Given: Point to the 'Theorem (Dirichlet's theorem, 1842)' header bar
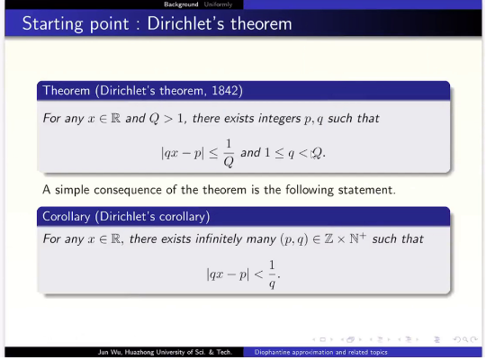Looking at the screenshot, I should pyautogui.click(x=243, y=91).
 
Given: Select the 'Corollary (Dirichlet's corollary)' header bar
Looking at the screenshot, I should pyautogui.click(x=243, y=216).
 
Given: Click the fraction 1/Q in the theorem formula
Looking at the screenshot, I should pyautogui.click(x=228, y=152).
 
